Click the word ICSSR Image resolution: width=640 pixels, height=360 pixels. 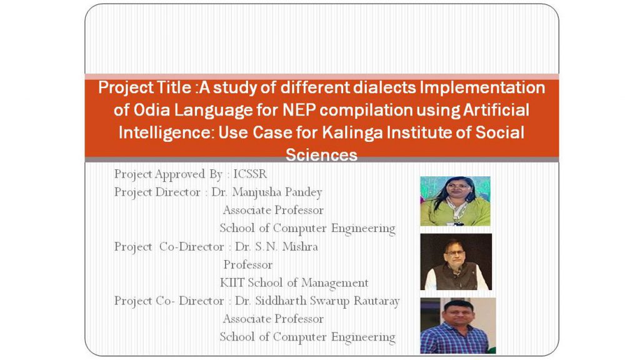tap(250, 174)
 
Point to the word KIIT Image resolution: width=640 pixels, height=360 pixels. tap(232, 282)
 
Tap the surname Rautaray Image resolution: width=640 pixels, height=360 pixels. tap(376, 301)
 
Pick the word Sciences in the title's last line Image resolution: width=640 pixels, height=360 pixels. tap(322, 155)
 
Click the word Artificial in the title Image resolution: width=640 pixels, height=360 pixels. tap(496, 110)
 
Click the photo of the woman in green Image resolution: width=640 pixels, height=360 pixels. tap(455, 201)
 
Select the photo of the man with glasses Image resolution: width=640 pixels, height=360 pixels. tap(456, 262)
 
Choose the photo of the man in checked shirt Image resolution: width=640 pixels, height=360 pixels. tap(458, 325)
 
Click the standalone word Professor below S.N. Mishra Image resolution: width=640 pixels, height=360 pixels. tap(247, 264)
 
